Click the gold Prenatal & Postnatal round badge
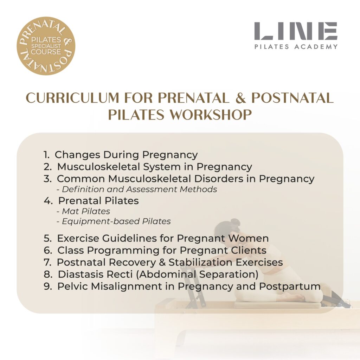[x=46, y=46]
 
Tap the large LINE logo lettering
[x=296, y=31]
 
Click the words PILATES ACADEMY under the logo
[x=296, y=47]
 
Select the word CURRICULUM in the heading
[x=72, y=98]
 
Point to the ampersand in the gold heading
[x=240, y=98]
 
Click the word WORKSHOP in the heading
[x=211, y=115]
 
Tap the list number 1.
[x=46, y=155]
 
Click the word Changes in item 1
[x=77, y=155]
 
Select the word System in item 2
[x=162, y=167]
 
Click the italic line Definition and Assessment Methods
[x=137, y=189]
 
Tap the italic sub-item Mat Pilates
[x=83, y=211]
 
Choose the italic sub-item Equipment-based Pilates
[x=114, y=221]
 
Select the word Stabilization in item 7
[x=200, y=262]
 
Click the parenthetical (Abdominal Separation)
[x=197, y=275]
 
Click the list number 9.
[x=48, y=286]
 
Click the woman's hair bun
[x=235, y=223]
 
